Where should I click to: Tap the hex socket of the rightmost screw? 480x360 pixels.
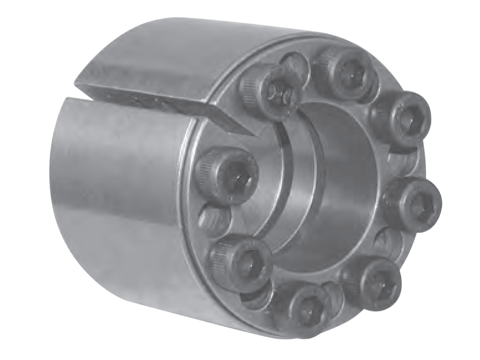pyautogui.click(x=418, y=204)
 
